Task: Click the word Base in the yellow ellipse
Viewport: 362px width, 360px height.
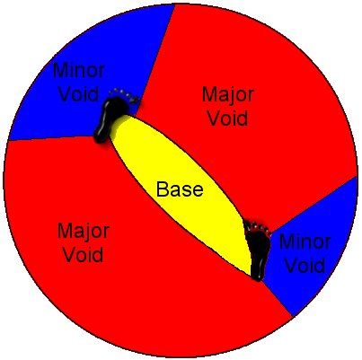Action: [180, 189]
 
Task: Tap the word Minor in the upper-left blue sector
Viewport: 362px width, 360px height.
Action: [78, 71]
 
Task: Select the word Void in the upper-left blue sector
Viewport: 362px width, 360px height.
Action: [78, 93]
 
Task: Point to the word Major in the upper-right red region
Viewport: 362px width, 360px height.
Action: [228, 94]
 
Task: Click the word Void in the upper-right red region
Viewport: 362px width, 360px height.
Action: [228, 118]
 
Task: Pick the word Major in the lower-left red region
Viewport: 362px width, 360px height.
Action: [83, 232]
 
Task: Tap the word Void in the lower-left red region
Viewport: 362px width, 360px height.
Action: [84, 255]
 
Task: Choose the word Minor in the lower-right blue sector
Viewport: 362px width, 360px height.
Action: [305, 241]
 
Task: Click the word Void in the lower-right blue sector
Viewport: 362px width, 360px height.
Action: [305, 265]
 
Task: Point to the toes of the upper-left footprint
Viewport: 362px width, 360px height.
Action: [126, 95]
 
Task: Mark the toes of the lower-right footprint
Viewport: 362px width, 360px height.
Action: [258, 227]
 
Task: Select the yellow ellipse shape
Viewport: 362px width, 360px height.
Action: [180, 195]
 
